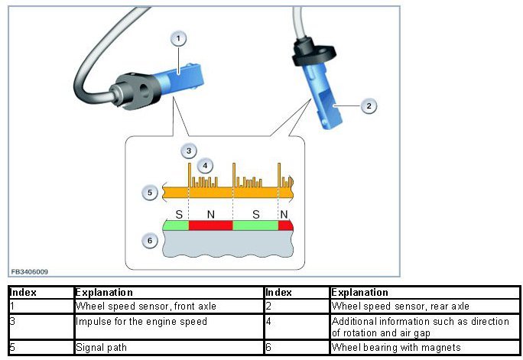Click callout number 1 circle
(x=178, y=37)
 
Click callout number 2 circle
(x=369, y=106)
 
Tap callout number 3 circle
(x=189, y=151)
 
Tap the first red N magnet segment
(x=210, y=225)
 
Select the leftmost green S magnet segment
(x=177, y=225)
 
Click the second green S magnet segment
(x=255, y=225)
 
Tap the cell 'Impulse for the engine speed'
(x=141, y=322)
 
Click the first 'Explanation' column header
(x=104, y=293)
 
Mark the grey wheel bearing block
(x=229, y=245)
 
